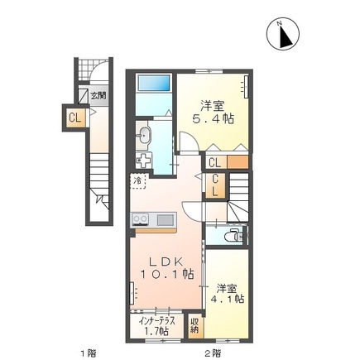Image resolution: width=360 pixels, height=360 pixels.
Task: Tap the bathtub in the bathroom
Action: [154, 84]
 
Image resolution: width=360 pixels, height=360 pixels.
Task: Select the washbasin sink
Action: [146, 133]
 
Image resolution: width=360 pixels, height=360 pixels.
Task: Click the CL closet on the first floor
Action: [75, 118]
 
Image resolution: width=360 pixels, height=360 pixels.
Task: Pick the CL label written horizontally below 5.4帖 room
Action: [214, 162]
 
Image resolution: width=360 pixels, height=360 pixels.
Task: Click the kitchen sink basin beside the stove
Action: [164, 219]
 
